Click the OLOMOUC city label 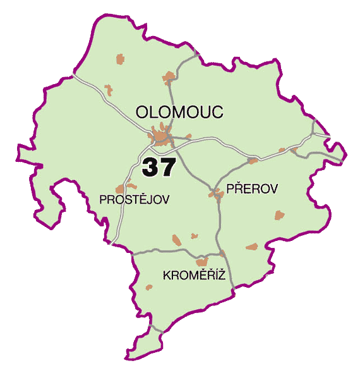coord(180,113)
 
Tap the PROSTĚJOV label coord(135,199)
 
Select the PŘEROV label coord(252,188)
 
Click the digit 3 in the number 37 coord(151,167)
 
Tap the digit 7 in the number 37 coord(167,167)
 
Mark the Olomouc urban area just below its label coord(162,136)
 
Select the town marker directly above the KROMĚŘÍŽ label coord(201,261)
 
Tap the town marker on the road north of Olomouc coord(168,78)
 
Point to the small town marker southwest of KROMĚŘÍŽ coord(149,288)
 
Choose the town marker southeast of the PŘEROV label coord(279,216)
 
